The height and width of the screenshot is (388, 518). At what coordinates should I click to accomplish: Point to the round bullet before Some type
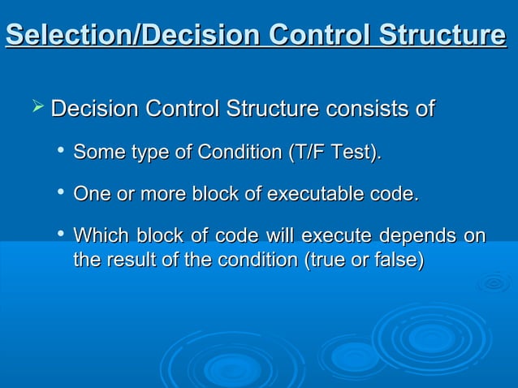(x=62, y=151)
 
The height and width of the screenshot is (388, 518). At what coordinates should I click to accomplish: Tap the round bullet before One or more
(x=62, y=193)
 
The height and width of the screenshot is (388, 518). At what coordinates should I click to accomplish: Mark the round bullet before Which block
(x=62, y=235)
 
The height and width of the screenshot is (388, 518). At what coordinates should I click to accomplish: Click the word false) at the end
(x=397, y=261)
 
